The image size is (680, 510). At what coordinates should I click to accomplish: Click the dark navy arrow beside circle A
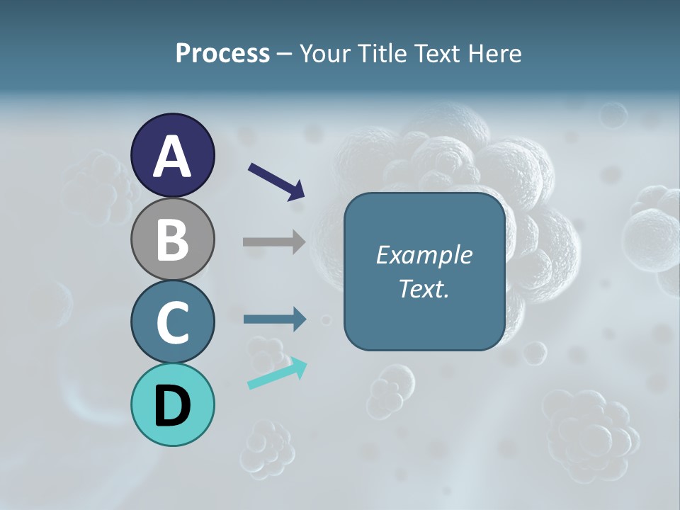[x=276, y=181]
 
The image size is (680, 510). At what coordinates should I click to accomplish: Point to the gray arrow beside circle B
[x=274, y=242]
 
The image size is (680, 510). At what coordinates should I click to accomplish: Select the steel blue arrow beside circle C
[x=274, y=319]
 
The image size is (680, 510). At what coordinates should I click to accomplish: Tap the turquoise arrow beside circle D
[x=277, y=373]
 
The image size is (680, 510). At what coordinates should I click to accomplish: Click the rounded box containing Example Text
[x=424, y=271]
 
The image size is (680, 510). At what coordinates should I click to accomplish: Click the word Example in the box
[x=424, y=255]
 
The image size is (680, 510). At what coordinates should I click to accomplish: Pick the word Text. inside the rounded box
[x=424, y=289]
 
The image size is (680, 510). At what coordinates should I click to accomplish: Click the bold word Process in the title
[x=222, y=53]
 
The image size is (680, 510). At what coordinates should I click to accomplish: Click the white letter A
[x=172, y=156]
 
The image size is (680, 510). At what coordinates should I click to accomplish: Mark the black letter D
[x=172, y=406]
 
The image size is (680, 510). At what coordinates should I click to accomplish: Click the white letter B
[x=172, y=239]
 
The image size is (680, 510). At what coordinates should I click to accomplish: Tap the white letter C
[x=172, y=322]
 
